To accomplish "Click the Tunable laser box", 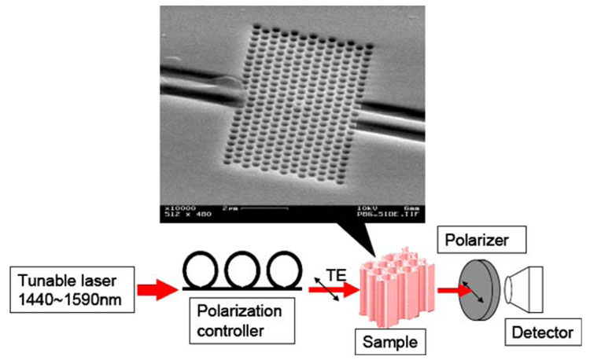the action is pos(66,290).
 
